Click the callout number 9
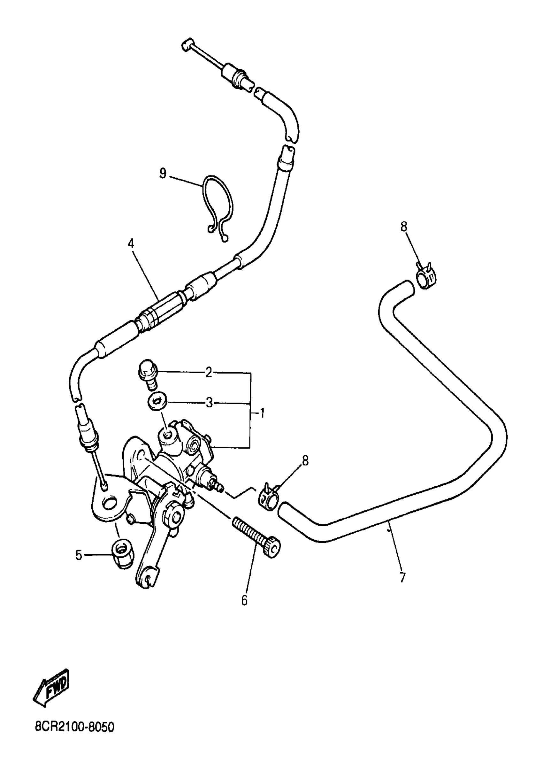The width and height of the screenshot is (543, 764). tap(163, 174)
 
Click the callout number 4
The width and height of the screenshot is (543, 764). tap(131, 243)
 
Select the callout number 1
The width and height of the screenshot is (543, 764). tap(263, 413)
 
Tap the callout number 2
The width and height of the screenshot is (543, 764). tap(209, 372)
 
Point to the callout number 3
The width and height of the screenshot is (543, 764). tap(209, 403)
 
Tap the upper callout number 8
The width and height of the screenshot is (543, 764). tap(404, 227)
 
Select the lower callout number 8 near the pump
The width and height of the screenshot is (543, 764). tap(305, 461)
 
